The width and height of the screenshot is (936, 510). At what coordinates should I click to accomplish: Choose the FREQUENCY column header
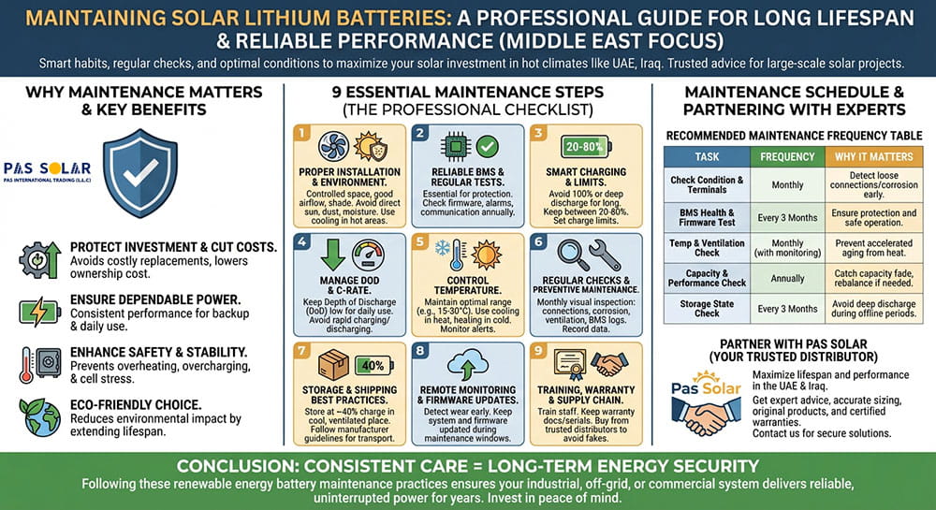coord(787,156)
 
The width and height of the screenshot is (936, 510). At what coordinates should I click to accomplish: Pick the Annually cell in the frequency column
coord(787,278)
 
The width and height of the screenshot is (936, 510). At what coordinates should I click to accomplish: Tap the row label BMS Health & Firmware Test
coord(707,217)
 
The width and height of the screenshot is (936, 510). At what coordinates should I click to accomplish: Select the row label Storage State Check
coord(707,308)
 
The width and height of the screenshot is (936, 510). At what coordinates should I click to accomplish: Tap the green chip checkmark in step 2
coord(488,146)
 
